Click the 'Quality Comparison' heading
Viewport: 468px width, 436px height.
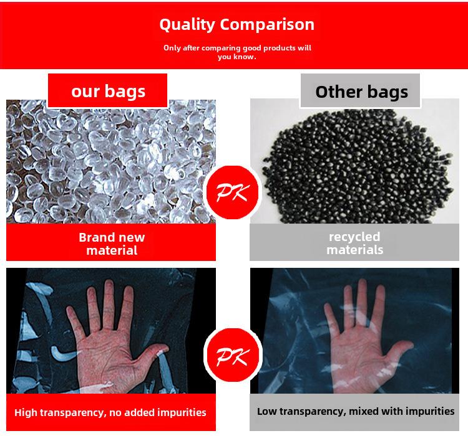click(x=236, y=24)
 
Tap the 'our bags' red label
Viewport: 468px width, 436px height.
click(x=108, y=90)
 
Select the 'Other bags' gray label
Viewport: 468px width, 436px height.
click(x=360, y=90)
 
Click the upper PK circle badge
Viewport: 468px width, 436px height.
click(x=233, y=192)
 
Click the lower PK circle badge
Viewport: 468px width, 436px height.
click(x=233, y=355)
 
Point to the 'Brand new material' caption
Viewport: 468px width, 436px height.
click(x=112, y=244)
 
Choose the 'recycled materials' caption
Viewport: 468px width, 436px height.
click(x=354, y=243)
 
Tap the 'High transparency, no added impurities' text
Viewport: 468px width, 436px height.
click(x=110, y=412)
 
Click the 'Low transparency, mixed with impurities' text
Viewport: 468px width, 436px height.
click(x=356, y=411)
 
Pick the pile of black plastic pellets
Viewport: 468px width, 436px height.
click(x=358, y=166)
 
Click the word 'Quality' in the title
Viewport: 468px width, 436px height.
click(x=187, y=24)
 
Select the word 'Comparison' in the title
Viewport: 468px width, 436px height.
click(x=267, y=24)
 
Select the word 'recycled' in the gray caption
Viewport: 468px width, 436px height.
click(x=354, y=237)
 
